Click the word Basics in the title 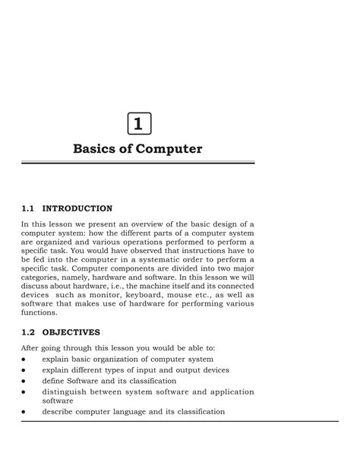tap(94, 149)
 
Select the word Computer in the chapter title tap(172, 149)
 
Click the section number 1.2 tap(29, 332)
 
